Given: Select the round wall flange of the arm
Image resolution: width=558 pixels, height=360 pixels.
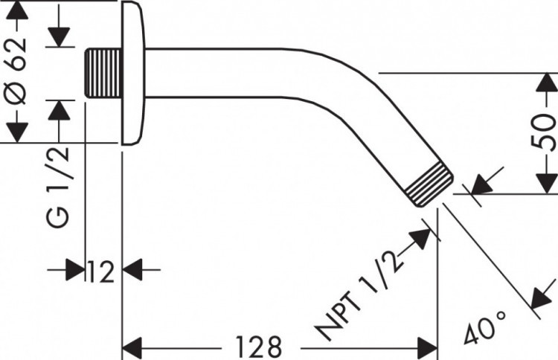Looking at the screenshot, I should (131, 73).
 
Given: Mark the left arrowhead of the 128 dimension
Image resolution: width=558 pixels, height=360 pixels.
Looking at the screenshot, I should (132, 346).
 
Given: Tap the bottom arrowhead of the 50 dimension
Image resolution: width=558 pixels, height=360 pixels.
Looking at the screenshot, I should (546, 183).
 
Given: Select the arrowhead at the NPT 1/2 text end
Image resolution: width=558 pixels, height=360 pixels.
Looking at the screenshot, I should (421, 240).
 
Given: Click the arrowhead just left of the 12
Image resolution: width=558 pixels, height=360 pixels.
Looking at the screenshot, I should (75, 270).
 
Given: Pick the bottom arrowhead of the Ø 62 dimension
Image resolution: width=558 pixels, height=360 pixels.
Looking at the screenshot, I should (18, 132).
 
